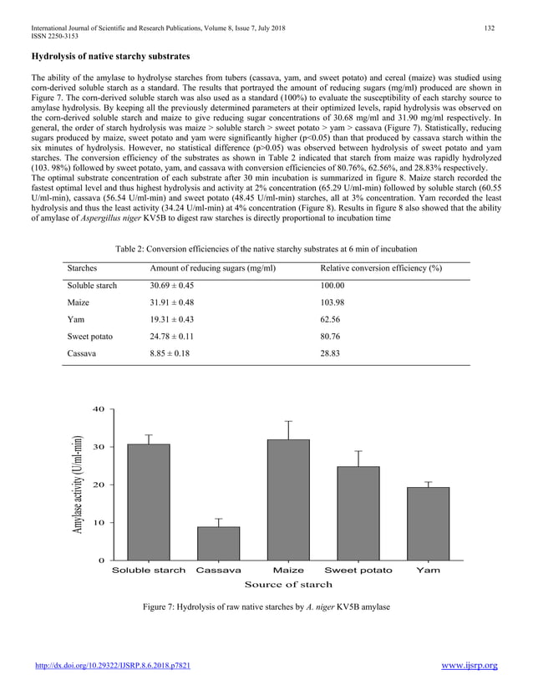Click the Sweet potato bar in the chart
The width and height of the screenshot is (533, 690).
pos(358,513)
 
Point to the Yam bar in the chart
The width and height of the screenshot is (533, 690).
pos(428,523)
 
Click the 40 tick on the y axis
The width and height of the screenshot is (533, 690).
pos(98,409)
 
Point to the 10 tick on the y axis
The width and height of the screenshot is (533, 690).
pos(98,523)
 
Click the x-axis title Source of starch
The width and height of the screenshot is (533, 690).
pos(288,584)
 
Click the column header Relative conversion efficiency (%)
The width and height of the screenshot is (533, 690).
pos(381,268)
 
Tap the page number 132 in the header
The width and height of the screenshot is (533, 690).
pos(490,29)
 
